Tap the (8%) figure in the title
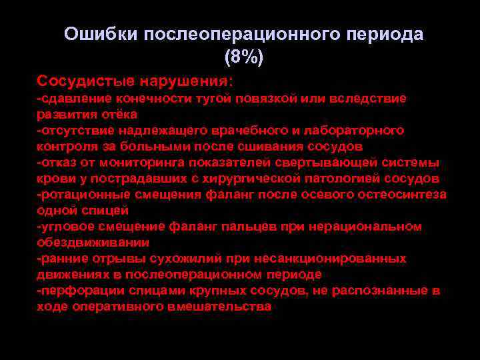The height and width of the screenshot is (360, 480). point(244,57)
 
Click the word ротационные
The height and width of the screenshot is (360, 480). point(78,195)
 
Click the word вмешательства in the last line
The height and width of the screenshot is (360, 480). point(221,307)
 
